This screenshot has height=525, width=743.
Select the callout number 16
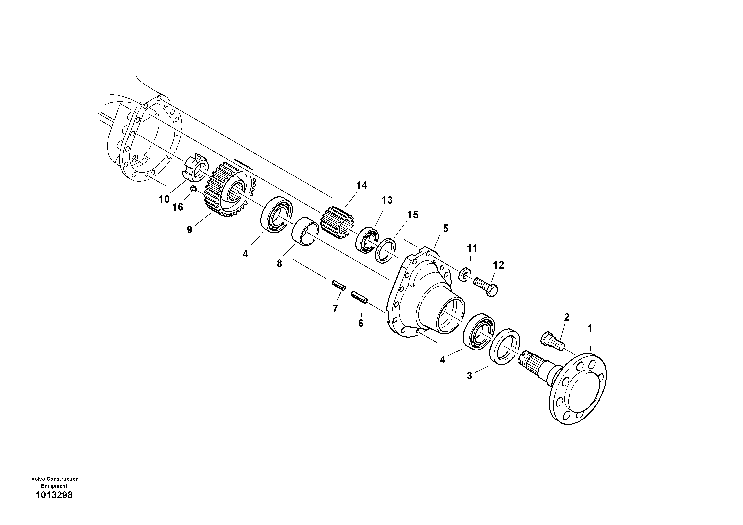tap(178, 207)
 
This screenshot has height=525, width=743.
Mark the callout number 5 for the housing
tap(446, 228)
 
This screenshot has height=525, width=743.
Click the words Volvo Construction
tap(55, 479)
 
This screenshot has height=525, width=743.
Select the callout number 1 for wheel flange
tap(590, 328)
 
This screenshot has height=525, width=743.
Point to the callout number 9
tap(189, 230)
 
